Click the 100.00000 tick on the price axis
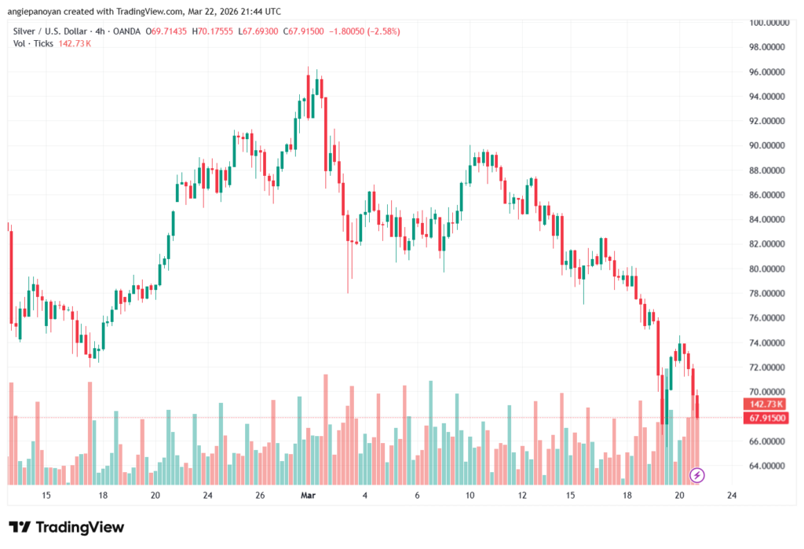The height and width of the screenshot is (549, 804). click(x=768, y=23)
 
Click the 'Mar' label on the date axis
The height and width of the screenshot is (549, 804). click(x=308, y=496)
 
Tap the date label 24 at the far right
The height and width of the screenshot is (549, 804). click(x=732, y=496)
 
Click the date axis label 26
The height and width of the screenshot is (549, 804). click(x=260, y=496)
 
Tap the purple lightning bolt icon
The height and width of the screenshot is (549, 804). click(x=696, y=474)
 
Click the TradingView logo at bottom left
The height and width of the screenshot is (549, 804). click(x=66, y=527)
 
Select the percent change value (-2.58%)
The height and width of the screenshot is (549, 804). click(x=381, y=31)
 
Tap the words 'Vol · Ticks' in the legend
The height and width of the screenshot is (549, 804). click(x=33, y=43)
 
